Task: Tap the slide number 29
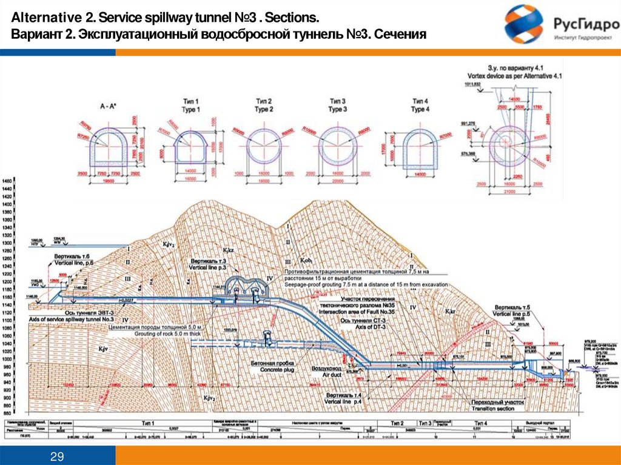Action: pyautogui.click(x=58, y=456)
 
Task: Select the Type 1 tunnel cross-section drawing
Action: pyautogui.click(x=191, y=146)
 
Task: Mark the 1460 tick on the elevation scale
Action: pyautogui.click(x=8, y=182)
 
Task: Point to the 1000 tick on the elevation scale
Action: pyautogui.click(x=8, y=359)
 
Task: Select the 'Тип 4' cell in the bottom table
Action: pyautogui.click(x=482, y=423)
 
